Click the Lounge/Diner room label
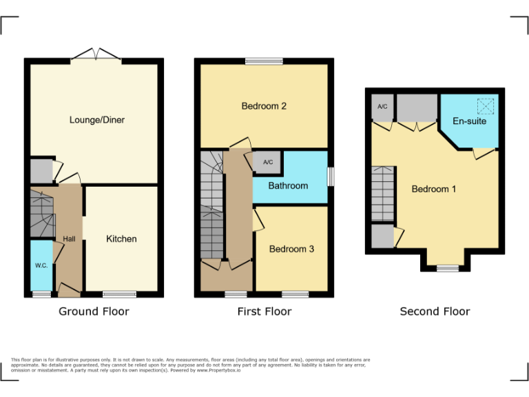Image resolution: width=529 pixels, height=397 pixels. tap(96, 120)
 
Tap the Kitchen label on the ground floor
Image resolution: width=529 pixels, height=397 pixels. tap(121, 239)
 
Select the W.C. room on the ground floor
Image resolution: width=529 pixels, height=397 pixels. tap(41, 265)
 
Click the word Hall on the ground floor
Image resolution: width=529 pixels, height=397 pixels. tap(70, 239)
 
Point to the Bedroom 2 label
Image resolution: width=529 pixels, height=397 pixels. tap(264, 106)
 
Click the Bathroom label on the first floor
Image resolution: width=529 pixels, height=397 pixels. tap(288, 186)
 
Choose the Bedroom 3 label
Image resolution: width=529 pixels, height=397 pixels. tap(291, 249)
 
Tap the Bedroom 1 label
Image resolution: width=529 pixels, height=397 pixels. tap(434, 189)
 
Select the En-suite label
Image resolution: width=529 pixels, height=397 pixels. tap(469, 121)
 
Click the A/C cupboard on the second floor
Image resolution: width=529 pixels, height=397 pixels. tap(382, 107)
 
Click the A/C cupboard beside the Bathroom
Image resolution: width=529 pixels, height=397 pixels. tap(268, 163)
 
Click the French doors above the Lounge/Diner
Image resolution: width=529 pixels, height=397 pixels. tap(96, 55)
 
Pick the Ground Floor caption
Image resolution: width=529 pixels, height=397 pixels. tap(94, 312)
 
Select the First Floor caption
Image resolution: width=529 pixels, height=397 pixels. tap(264, 312)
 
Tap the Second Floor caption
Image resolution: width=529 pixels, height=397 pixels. tap(435, 312)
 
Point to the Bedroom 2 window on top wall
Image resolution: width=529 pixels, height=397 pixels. tap(264, 62)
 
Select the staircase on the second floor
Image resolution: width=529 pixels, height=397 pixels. tap(382, 194)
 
